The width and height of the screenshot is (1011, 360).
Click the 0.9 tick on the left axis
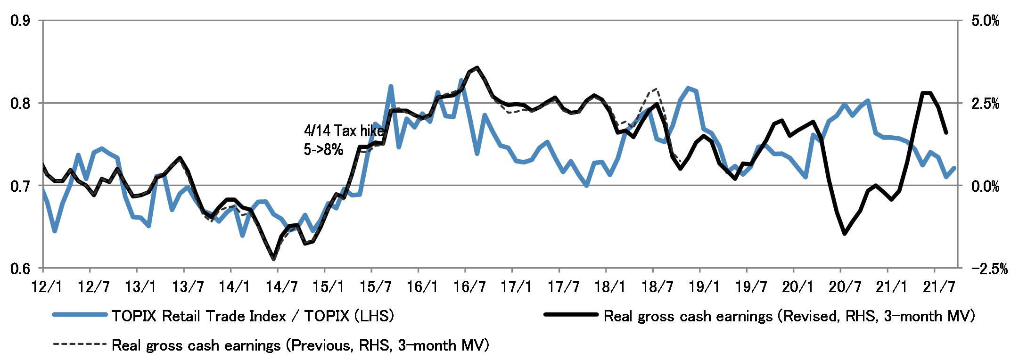[x=20, y=21]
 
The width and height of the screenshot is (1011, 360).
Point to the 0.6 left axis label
[x=20, y=269]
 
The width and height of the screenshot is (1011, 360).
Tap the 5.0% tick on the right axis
[x=986, y=21]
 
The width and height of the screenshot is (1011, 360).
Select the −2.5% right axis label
[x=989, y=269]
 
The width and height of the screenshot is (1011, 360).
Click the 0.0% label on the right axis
[x=986, y=186]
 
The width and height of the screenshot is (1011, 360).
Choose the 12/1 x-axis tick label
[x=47, y=286]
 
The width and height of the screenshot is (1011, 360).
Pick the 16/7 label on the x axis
[x=469, y=286]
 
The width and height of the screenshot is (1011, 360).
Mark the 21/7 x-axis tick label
[x=939, y=286]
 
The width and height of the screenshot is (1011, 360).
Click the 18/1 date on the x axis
[x=610, y=286]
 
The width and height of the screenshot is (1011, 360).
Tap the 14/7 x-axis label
[x=281, y=286]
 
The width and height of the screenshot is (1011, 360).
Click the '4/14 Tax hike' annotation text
[x=344, y=131]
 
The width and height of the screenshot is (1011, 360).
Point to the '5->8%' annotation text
[x=323, y=150]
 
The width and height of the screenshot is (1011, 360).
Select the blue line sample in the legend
[x=80, y=315]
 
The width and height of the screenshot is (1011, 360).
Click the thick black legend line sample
[x=571, y=315]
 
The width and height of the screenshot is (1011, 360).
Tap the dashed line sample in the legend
[x=80, y=344]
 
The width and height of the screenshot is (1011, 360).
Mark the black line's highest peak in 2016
[x=477, y=68]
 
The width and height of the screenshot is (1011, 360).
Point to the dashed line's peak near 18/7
[x=656, y=88]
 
